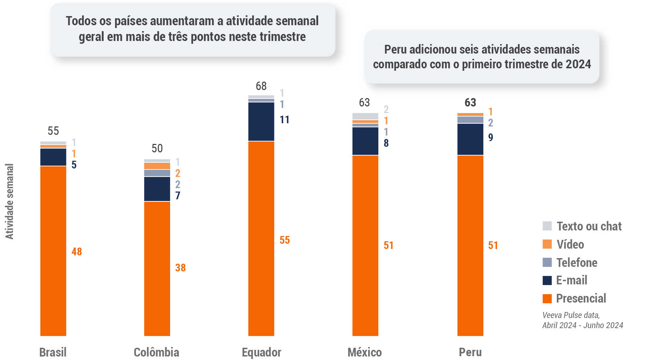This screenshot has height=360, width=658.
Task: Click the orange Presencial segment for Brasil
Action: coord(53,251)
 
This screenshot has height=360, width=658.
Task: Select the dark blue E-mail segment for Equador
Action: coord(261,122)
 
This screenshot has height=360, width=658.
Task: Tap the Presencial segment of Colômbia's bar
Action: coord(157,268)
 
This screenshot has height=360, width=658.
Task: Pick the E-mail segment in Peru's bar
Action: coord(470,139)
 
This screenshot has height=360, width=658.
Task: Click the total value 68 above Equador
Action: coord(261,86)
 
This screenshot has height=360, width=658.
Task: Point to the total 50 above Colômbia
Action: coord(157,148)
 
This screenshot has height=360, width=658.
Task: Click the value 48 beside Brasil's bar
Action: coord(77,251)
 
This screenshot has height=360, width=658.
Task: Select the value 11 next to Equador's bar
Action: coord(285,120)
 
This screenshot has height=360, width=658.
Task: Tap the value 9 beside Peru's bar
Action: coord(491,137)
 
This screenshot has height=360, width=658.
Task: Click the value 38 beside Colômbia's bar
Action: coord(180,268)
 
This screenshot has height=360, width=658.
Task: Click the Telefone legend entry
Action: coord(577,263)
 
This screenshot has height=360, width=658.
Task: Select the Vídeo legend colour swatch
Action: coord(547,244)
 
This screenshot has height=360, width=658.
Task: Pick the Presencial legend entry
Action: coord(581,298)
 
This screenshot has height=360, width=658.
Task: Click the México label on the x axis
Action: coord(365,352)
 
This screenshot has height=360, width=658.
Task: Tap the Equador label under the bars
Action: coord(261,352)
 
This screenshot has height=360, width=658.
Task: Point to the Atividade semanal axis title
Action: coord(9,201)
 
